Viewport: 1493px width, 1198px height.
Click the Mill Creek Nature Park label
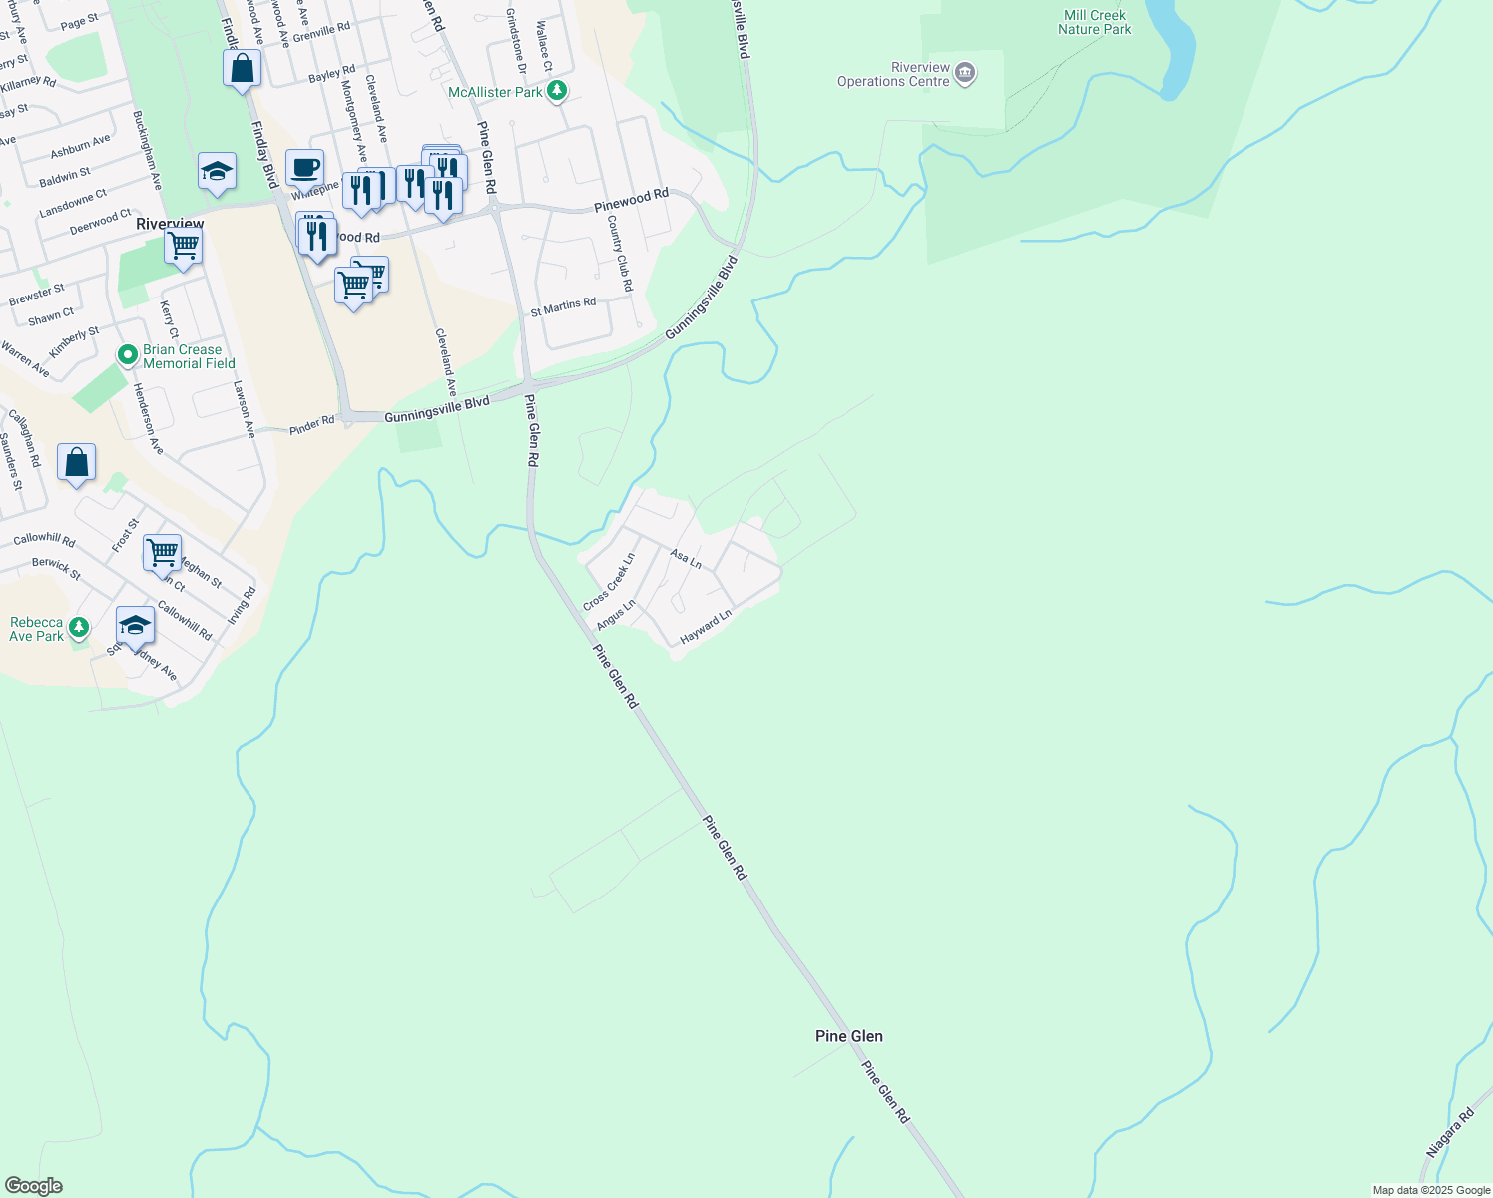point(1094,22)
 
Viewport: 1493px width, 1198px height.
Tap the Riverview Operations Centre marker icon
point(965,73)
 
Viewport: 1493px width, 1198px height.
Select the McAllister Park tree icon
point(557,92)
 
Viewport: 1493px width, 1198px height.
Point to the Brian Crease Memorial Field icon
point(127,355)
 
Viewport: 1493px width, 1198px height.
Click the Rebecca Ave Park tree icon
point(79,628)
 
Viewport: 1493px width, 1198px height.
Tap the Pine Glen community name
point(848,1036)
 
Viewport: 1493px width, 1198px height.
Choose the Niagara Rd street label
point(1450,1133)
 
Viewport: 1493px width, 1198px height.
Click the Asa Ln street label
point(686,559)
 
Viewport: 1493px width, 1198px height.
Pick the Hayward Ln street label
point(706,626)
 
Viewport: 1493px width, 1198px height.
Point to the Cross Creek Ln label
point(609,582)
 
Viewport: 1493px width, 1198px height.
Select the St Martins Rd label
point(563,306)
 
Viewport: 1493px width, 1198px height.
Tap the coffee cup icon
point(304,167)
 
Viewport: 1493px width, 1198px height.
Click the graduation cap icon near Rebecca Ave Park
point(135,626)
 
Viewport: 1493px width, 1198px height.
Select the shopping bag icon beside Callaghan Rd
point(77,463)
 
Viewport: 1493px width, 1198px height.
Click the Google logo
point(33,1186)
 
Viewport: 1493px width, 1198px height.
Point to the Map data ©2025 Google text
point(1431,1190)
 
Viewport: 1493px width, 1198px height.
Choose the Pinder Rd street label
point(311,425)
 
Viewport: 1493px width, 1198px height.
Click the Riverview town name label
point(170,224)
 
